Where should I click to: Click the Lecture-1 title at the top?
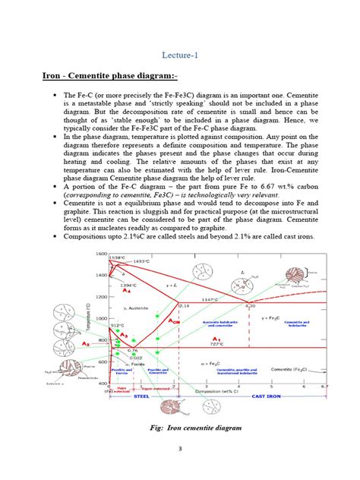[180, 55]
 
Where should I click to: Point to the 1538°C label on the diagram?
[116, 257]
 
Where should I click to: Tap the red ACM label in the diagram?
[173, 321]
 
